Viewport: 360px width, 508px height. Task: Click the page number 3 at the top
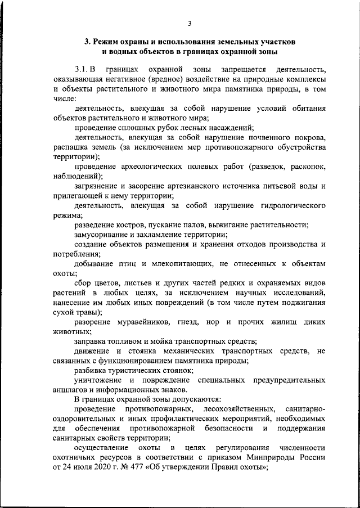pos(190,23)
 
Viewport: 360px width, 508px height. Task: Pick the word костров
pos(124,224)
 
